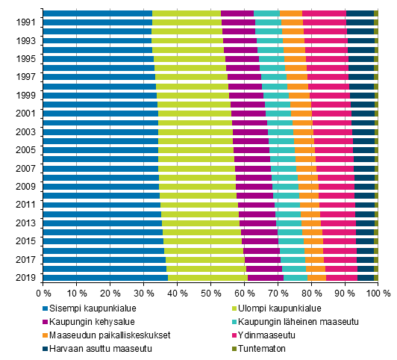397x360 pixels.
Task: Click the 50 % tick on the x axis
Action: click(211, 294)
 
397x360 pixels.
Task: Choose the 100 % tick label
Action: click(375, 294)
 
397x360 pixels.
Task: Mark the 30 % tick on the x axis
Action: click(144, 294)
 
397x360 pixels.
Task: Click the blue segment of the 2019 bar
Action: click(105, 277)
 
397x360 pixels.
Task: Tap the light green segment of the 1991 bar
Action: click(187, 23)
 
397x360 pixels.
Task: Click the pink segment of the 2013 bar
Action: click(338, 223)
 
